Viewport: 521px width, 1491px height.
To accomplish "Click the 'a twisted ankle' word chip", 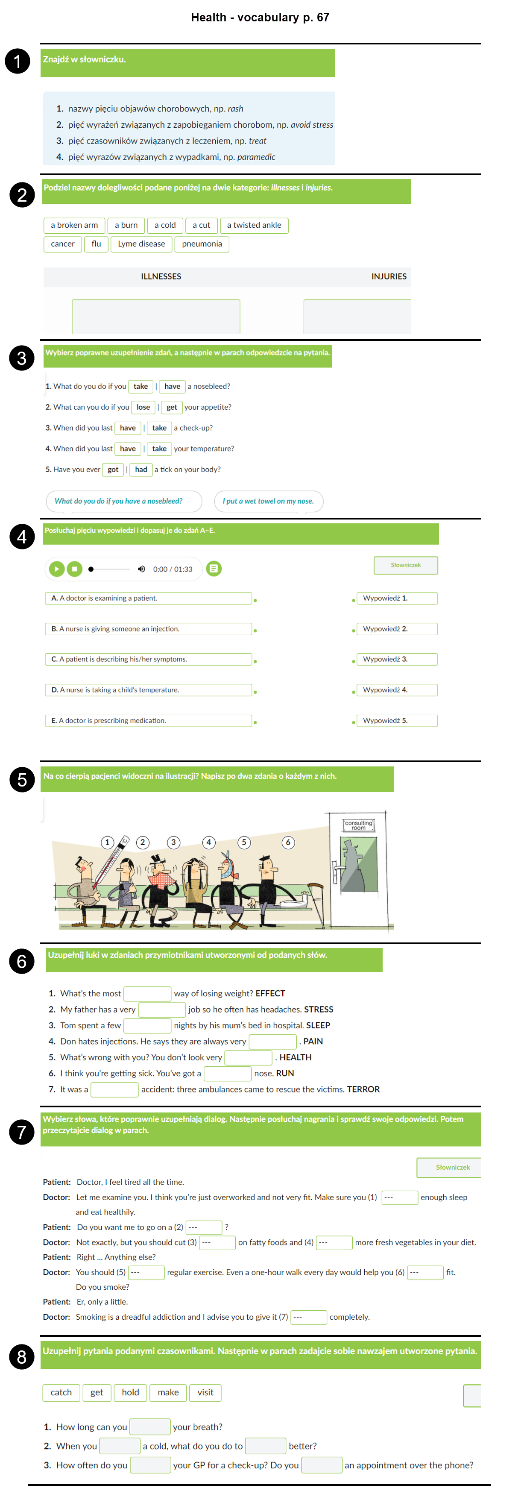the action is tap(254, 225).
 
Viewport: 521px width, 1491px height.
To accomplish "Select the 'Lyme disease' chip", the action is tap(141, 244).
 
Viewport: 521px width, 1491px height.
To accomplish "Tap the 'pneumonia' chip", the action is tap(202, 244).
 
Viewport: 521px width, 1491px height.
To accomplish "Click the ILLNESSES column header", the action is tap(161, 277).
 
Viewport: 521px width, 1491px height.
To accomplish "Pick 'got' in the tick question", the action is tap(113, 470).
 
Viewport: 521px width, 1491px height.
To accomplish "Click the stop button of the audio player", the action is tap(75, 569).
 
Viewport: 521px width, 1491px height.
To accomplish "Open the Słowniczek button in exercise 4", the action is tap(406, 565).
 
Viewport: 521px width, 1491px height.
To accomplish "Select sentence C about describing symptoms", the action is tap(148, 659).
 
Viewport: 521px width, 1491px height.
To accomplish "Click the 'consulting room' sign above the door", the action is tap(359, 825).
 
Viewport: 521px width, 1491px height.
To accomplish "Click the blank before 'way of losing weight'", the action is tap(148, 993).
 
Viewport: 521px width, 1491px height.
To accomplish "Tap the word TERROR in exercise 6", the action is tap(363, 1089).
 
